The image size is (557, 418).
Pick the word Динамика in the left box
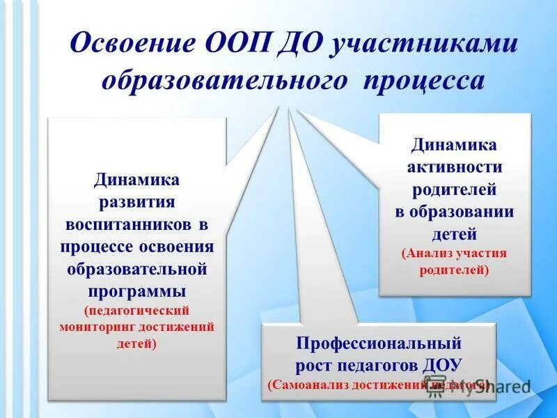(137, 180)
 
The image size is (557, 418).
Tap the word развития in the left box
(136, 202)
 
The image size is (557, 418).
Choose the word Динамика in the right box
(455, 145)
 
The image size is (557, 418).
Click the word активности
(455, 167)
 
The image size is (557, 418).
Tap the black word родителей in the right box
(455, 189)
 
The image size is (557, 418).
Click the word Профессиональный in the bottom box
(379, 343)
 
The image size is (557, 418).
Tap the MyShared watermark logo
(480, 388)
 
